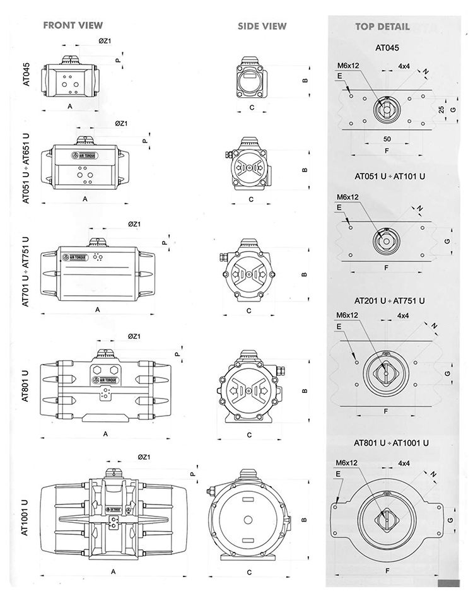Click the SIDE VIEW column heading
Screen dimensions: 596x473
coord(262,26)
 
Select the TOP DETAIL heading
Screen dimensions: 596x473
coord(382,26)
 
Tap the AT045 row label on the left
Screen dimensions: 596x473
coord(26,73)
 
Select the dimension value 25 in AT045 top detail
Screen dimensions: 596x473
coord(441,109)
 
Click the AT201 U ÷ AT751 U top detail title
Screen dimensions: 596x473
coord(389,301)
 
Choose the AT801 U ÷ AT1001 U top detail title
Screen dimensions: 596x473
coord(392,442)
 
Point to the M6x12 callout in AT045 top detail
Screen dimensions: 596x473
coord(347,66)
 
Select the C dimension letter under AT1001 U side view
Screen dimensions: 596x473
coord(250,573)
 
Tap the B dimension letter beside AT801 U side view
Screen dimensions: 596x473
coord(305,390)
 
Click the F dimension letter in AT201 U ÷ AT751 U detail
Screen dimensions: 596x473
coord(385,411)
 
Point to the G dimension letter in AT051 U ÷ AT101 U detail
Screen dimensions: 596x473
coord(447,242)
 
